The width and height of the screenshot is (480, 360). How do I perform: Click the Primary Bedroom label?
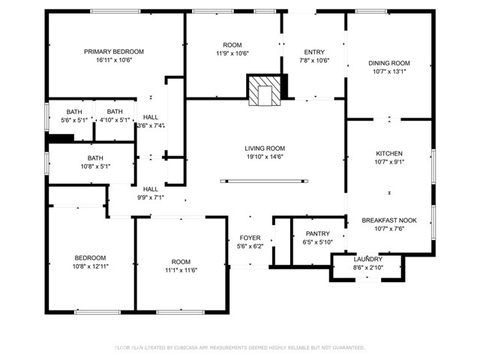[x=114, y=52]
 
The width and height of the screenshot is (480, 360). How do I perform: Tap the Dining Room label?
[x=389, y=63]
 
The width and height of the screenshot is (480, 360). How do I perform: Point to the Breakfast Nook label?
[x=389, y=220]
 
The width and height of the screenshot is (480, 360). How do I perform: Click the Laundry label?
[x=367, y=259]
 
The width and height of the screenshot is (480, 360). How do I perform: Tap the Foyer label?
[x=250, y=238]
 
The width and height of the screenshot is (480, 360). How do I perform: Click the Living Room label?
[x=265, y=148]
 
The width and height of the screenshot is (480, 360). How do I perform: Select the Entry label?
[x=314, y=52]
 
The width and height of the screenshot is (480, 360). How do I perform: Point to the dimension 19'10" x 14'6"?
[x=265, y=157]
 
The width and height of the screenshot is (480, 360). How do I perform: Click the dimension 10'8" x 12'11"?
[x=90, y=266]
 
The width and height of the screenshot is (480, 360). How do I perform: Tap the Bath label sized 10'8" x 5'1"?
[x=95, y=158]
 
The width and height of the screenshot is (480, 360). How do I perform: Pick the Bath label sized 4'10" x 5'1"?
[x=115, y=112]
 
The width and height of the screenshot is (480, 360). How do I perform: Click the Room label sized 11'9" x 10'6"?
[x=232, y=45]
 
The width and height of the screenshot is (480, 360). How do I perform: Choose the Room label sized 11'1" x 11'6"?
[x=181, y=262]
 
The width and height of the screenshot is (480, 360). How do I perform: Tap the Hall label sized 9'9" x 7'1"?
[x=151, y=189]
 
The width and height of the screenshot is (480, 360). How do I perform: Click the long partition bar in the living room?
[x=264, y=181]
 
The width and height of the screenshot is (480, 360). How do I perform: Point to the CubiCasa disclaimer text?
[x=240, y=347]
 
